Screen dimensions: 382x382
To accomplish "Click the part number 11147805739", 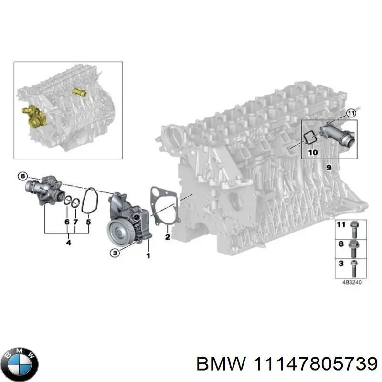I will click(x=312, y=364).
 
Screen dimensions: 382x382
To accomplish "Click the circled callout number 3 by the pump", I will click(x=114, y=253).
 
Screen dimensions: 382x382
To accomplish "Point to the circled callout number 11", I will click(x=351, y=113).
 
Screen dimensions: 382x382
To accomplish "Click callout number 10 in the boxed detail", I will click(x=313, y=152).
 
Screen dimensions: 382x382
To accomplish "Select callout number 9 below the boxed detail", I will click(x=329, y=167).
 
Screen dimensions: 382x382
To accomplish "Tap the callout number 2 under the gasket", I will click(x=168, y=236).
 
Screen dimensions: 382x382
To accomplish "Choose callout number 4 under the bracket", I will click(x=68, y=243).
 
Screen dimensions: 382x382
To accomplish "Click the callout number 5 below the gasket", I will click(x=88, y=222).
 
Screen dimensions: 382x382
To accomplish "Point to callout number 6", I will click(x=67, y=222).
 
